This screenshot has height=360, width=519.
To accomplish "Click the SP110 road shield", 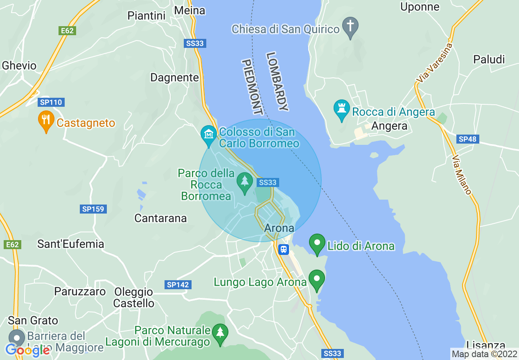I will [51, 102].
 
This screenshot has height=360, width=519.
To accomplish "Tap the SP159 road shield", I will [93, 209].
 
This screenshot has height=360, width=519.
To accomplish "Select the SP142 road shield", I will [178, 285].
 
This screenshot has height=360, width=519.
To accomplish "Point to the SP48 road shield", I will [467, 139].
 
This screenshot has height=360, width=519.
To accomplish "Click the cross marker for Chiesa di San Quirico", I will [350, 27].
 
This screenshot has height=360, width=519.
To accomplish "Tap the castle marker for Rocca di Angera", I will [341, 110].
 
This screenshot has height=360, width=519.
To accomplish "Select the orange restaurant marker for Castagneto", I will [46, 121].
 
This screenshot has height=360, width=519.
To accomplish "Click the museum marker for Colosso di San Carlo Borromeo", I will [209, 135].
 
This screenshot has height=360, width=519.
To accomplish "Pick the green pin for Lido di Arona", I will [317, 244].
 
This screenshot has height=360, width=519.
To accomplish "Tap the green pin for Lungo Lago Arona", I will [316, 280].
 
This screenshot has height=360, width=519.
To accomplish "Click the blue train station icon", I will [283, 249].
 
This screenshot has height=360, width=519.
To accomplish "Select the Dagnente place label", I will [175, 77].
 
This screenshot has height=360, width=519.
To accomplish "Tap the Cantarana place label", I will [160, 218].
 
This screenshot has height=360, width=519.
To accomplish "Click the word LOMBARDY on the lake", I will [277, 82].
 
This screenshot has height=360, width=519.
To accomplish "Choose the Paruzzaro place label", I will [80, 292].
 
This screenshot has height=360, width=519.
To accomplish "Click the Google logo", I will [28, 350].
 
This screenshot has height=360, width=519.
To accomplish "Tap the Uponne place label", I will [420, 7].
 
